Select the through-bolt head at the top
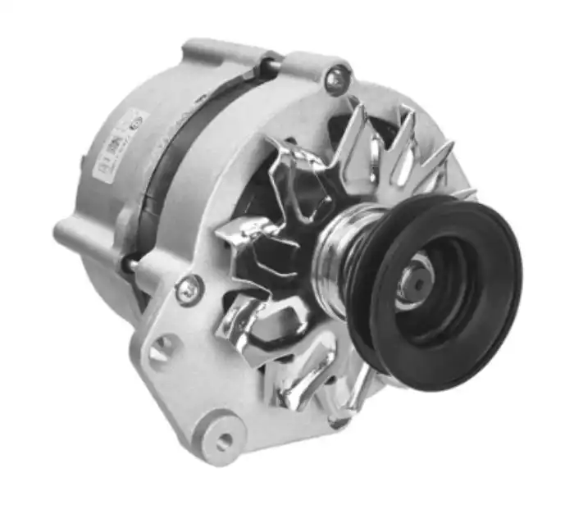pos(335,80)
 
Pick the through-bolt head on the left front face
pos(188,288)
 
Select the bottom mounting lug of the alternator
pos(217,434)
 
